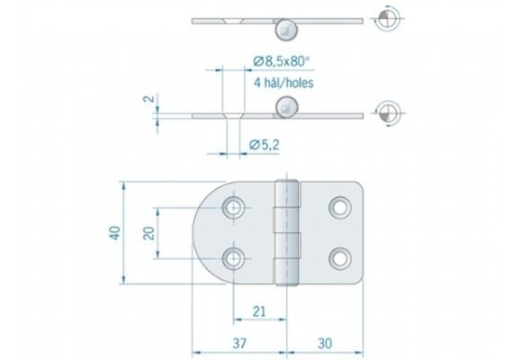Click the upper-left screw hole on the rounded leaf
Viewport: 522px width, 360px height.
coord(235,208)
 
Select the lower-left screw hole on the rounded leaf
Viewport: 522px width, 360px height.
coord(235,259)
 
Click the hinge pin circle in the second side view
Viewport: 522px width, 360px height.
coord(286,105)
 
